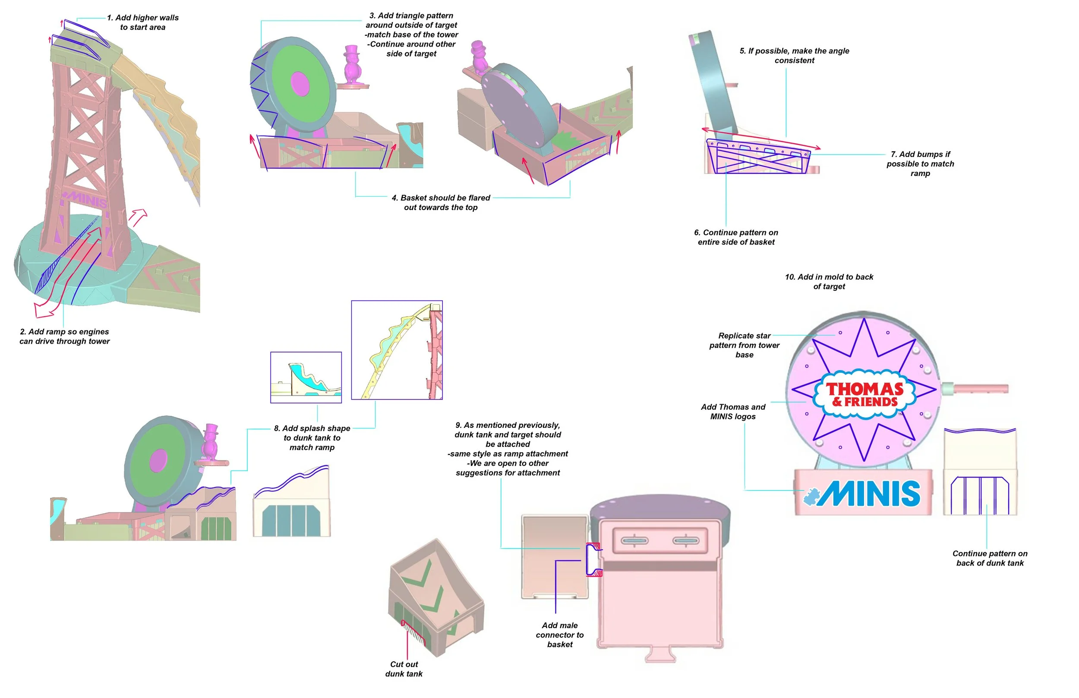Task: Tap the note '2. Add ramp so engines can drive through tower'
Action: [64, 337]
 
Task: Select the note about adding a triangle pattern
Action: [411, 35]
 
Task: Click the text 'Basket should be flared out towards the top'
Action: [441, 203]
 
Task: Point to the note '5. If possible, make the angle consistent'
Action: [794, 56]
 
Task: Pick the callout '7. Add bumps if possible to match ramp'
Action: [920, 163]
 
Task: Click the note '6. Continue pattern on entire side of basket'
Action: [736, 237]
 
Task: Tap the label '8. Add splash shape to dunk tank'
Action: [312, 438]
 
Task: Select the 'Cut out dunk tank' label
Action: [404, 669]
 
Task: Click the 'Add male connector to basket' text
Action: [560, 635]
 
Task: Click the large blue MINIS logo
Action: [862, 493]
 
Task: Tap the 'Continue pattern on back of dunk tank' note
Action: [990, 558]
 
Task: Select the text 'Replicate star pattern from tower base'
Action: [745, 345]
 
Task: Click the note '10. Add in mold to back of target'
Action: [829, 281]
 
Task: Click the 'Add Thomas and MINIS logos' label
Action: [733, 412]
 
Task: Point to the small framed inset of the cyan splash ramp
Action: [306, 377]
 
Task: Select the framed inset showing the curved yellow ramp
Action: [397, 350]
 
